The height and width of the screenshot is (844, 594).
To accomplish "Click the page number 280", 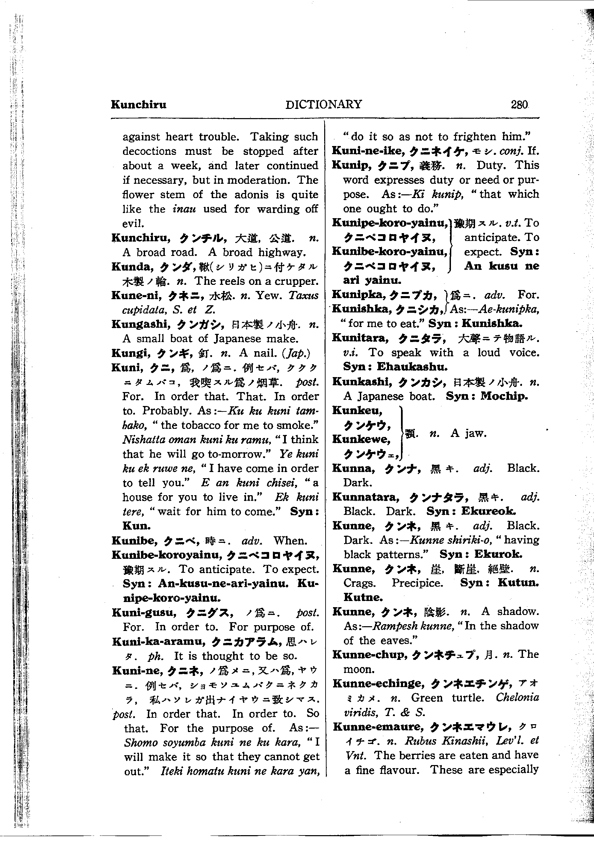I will (519, 105).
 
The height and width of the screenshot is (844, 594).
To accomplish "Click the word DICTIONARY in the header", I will (324, 104).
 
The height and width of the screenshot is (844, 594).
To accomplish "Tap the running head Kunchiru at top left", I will (138, 105).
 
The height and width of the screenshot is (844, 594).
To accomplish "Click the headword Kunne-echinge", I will (379, 683).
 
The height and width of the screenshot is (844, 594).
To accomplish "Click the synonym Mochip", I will (504, 396).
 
